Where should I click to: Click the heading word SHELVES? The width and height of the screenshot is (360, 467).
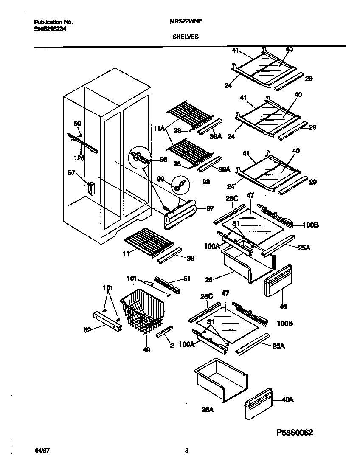point(185,37)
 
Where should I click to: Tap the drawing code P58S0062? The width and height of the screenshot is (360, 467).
point(295,433)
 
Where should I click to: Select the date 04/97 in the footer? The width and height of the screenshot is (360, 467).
point(40,451)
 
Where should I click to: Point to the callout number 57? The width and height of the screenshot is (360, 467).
point(71,173)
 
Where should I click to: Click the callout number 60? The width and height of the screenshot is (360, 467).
point(77,124)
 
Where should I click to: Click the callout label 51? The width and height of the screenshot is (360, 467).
point(187,279)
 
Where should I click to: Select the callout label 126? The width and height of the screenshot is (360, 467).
point(79,158)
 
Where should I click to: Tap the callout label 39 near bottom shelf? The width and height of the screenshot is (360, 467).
point(190,258)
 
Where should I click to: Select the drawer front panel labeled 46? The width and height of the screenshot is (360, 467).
point(278,281)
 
